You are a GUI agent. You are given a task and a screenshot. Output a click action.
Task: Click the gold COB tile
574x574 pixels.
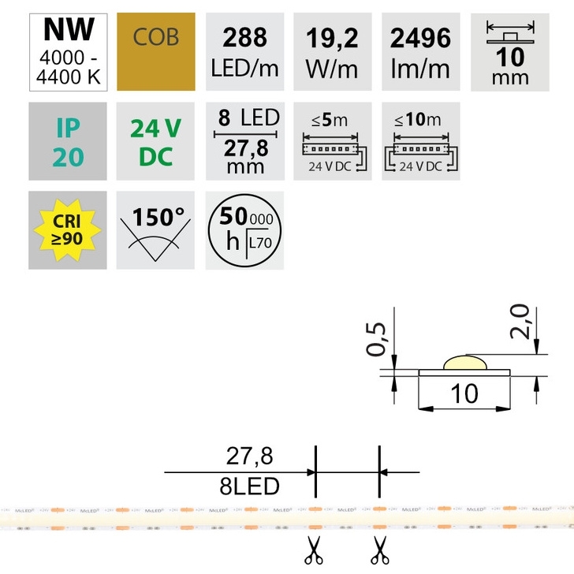click(155, 52)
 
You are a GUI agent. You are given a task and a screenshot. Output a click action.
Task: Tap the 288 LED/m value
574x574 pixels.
click(244, 52)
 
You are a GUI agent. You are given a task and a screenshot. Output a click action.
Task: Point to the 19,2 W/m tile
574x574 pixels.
click(332, 52)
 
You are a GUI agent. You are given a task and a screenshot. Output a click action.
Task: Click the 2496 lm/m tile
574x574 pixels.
click(420, 52)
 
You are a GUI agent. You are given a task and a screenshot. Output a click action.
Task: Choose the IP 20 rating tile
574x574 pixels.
click(68, 141)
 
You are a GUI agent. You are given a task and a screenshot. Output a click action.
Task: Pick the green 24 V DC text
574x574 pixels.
click(155, 141)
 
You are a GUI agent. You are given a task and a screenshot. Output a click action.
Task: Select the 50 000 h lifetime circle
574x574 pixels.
click(244, 229)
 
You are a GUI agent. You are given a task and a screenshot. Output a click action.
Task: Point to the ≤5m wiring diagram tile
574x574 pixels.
click(332, 141)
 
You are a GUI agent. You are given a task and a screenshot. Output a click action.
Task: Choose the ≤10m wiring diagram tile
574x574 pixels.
click(420, 141)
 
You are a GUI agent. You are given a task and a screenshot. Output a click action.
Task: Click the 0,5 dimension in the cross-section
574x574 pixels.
click(380, 338)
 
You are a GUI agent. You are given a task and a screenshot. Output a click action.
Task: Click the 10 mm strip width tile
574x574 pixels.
click(509, 52)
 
